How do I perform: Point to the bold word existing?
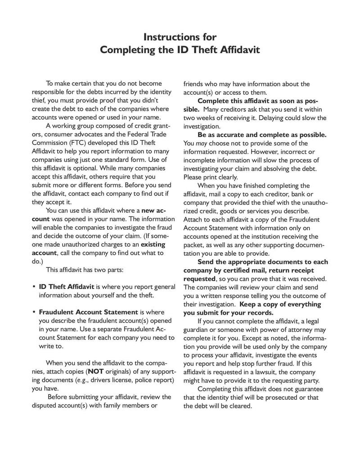coord(153,244)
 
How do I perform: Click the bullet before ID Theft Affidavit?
coord(34,287)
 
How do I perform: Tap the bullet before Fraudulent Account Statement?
coord(34,312)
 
